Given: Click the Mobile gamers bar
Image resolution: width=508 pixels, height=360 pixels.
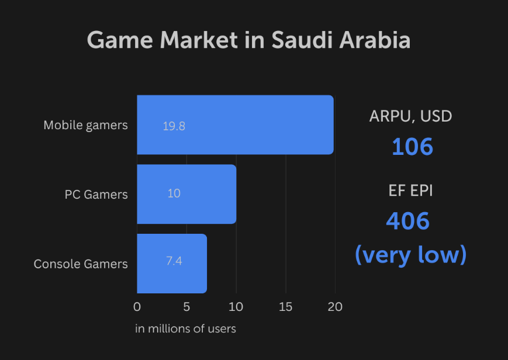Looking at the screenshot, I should click(x=235, y=125).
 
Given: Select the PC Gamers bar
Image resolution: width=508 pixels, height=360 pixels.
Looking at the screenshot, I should click(x=186, y=194).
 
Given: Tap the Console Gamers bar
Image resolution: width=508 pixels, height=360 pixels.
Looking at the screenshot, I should click(x=172, y=264).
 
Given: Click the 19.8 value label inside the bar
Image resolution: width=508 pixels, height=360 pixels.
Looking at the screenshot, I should click(x=174, y=126).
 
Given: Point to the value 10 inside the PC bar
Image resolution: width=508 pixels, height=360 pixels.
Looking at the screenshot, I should click(x=174, y=193).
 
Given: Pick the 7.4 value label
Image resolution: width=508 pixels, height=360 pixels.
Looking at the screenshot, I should click(x=174, y=261).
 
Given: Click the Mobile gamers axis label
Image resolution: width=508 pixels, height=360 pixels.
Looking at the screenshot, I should click(x=85, y=125).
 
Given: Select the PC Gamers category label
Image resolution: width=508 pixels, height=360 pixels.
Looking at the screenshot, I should click(x=96, y=194).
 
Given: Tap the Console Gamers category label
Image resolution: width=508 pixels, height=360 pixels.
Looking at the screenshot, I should click(x=81, y=264).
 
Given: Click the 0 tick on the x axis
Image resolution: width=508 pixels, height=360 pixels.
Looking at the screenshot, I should click(x=137, y=307).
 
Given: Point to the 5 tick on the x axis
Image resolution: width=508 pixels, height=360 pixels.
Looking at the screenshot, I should click(x=186, y=307).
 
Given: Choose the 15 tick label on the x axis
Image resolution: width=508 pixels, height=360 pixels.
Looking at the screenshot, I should click(x=285, y=307).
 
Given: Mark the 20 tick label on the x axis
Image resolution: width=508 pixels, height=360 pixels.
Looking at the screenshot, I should click(x=335, y=307).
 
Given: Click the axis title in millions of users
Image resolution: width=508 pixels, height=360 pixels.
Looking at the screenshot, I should click(x=185, y=329).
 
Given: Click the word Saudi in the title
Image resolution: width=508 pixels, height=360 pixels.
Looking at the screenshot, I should click(x=299, y=40).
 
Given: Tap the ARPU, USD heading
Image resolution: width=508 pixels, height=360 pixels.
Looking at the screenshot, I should click(x=410, y=116).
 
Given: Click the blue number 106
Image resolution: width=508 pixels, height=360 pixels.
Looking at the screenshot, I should click(x=412, y=146).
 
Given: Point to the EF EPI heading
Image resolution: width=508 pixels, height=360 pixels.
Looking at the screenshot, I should click(x=410, y=191).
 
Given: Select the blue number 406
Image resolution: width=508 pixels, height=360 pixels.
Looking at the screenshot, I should click(x=408, y=221).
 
